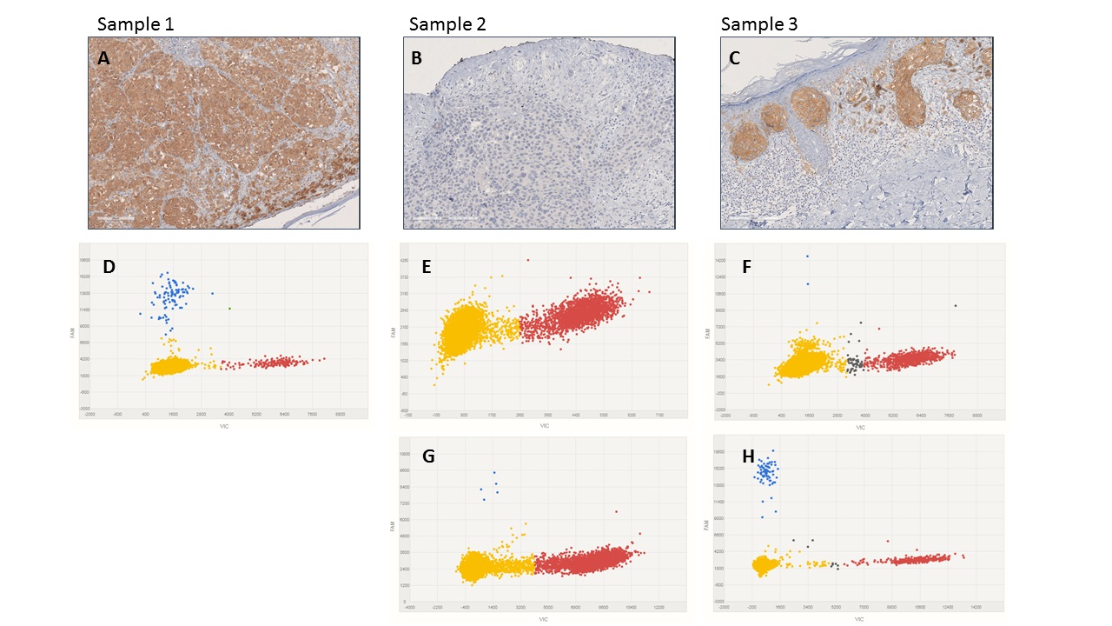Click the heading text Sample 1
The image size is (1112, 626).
[x=136, y=24]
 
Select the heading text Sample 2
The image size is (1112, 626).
[x=447, y=24]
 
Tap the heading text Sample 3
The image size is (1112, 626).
[x=759, y=24]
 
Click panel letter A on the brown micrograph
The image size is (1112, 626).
[x=104, y=59]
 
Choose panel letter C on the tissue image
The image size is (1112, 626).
[x=736, y=59]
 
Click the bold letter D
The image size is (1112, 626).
[x=109, y=266]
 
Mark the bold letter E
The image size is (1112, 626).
[x=426, y=266]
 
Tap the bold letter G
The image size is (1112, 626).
[x=427, y=457]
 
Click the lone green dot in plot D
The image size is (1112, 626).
[x=229, y=309]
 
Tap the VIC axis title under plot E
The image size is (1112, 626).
[x=544, y=425]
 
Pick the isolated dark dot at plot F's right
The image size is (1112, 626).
[x=955, y=305]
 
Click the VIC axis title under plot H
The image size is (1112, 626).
[x=859, y=619]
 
